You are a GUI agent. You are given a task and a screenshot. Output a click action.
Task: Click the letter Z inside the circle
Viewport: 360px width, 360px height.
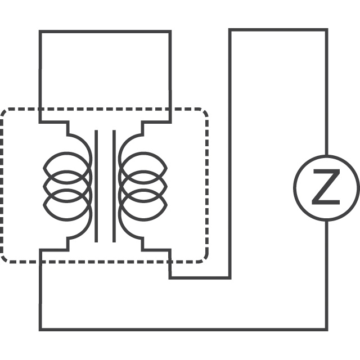[x=326, y=187]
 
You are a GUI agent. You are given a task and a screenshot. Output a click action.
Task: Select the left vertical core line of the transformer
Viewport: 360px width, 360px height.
[x=96, y=186]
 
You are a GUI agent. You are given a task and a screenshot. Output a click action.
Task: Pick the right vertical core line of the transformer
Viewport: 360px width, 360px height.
[x=114, y=186]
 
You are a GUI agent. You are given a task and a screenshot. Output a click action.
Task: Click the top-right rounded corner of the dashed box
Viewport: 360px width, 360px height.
[x=205, y=111]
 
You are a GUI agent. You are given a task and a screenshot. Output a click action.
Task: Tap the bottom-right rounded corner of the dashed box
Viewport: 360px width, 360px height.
[x=205, y=259]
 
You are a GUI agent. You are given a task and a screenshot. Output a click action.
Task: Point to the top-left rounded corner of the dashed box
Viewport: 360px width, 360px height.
[x=4, y=111]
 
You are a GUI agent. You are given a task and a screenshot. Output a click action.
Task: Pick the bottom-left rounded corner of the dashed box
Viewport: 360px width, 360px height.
[x=4, y=259]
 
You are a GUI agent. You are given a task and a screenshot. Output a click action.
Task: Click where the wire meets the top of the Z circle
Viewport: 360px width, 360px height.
[x=327, y=155]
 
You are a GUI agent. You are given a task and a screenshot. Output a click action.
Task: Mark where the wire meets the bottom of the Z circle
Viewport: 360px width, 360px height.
[x=327, y=221]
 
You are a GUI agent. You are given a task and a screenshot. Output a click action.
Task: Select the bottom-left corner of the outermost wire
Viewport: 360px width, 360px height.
[x=40, y=330]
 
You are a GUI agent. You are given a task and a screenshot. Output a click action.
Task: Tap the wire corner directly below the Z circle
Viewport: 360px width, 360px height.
[x=327, y=330]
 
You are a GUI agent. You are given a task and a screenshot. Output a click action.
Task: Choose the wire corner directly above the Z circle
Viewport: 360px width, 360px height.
[x=327, y=30]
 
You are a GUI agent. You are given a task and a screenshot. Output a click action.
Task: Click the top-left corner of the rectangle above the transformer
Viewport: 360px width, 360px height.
[x=40, y=31]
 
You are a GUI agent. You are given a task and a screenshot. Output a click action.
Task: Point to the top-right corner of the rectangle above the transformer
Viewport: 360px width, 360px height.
[x=170, y=31]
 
